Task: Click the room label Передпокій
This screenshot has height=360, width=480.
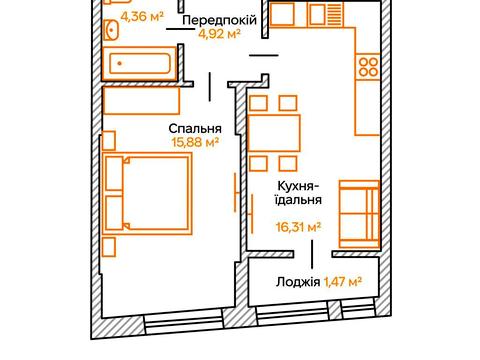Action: pyautogui.click(x=221, y=21)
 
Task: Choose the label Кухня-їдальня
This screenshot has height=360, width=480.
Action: pyautogui.click(x=299, y=193)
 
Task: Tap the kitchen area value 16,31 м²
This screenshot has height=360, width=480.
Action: pyautogui.click(x=299, y=227)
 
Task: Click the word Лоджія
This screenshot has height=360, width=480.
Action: pyautogui.click(x=298, y=283)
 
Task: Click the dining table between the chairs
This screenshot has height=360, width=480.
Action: pyautogui.click(x=273, y=133)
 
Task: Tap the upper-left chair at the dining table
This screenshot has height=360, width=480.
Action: pyautogui.click(x=259, y=102)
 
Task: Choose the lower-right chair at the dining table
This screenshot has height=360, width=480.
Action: pyautogui.click(x=288, y=163)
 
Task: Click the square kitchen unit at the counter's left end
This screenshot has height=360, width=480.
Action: pyautogui.click(x=281, y=18)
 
